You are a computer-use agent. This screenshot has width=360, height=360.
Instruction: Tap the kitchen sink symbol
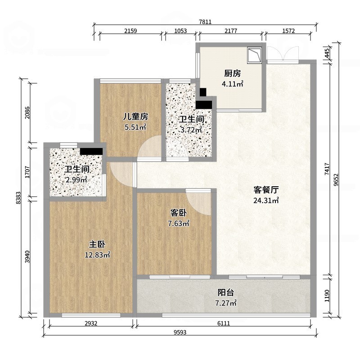pos(255,55)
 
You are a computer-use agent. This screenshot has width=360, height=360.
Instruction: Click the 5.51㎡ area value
pos(135,127)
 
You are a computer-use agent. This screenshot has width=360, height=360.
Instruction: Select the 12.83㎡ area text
pos(97,255)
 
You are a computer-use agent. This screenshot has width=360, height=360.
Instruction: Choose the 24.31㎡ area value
pos(266,201)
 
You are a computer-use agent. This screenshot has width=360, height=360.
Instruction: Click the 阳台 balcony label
pos(225,292)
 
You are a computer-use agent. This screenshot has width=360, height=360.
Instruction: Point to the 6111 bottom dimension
pos(224,324)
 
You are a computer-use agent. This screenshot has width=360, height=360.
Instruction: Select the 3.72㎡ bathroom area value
pos(191,130)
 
